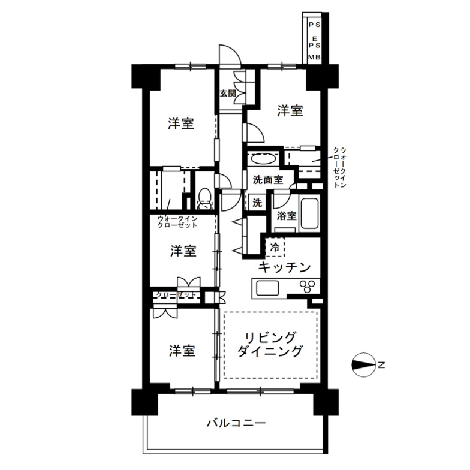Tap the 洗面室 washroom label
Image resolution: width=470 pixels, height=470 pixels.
click(264, 179)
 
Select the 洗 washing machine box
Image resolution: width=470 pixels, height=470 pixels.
click(257, 203)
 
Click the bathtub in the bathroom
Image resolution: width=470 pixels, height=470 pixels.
click(309, 213)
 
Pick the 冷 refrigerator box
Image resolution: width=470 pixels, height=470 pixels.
click(275, 247)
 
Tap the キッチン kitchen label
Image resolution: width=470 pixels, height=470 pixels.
click(284, 267)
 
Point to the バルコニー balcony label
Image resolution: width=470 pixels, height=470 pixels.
click(236, 423)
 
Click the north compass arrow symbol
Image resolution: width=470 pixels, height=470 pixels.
click(364, 364)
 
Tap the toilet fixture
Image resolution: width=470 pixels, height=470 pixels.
click(204, 196)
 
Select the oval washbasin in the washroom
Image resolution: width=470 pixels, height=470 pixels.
click(262, 159)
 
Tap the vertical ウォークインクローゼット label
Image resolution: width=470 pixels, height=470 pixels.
click(340, 167)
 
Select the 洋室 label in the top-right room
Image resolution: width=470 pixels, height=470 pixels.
click(290, 110)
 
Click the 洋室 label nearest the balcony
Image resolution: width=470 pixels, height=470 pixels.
click(182, 351)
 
